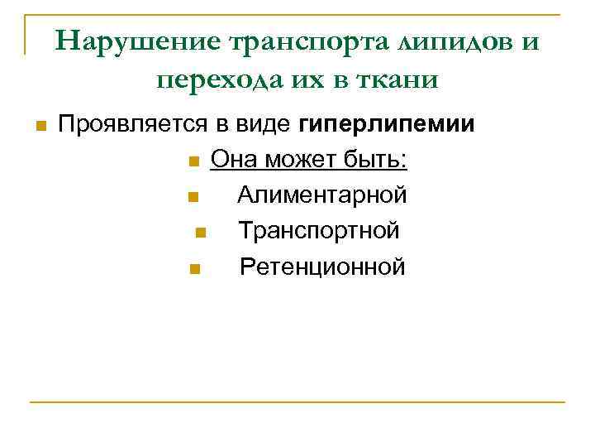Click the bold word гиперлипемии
coord(387,124)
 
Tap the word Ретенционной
coord(322,267)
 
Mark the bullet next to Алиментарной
coord(192,197)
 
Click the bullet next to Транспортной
coord(201,233)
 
